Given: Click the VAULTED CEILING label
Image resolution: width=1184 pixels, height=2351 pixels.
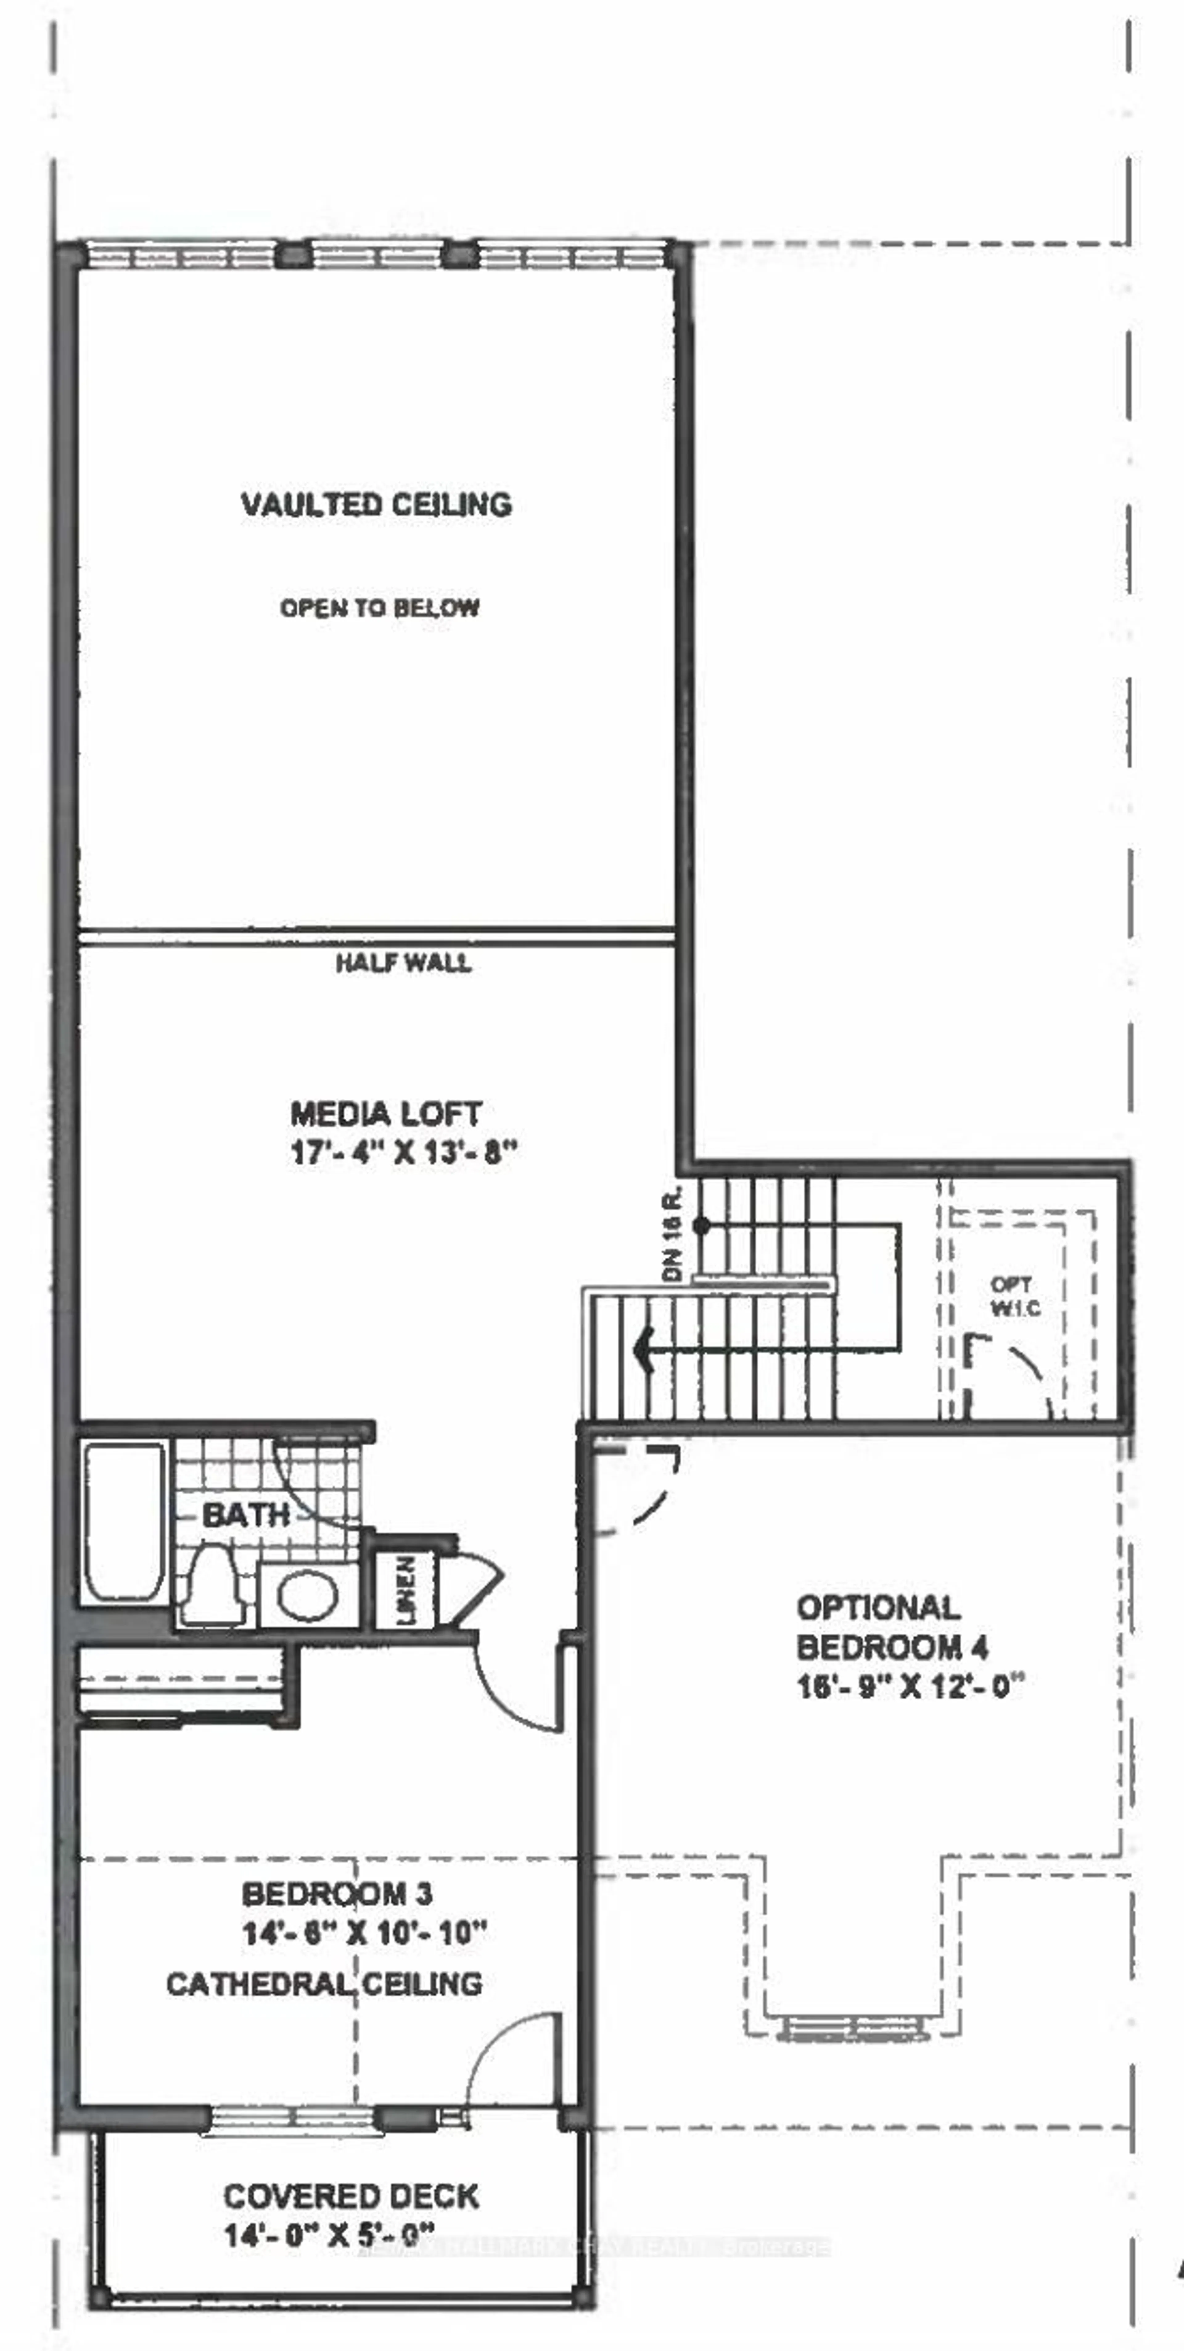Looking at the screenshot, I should (376, 505).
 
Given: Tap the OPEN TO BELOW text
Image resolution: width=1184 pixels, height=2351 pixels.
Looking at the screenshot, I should (380, 608).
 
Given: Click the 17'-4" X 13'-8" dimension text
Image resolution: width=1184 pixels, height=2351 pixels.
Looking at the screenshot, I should (403, 1153).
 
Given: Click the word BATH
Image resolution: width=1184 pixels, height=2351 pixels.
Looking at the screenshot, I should (246, 1516).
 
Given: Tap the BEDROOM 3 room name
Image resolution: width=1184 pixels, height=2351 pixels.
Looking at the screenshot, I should (337, 1895).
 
